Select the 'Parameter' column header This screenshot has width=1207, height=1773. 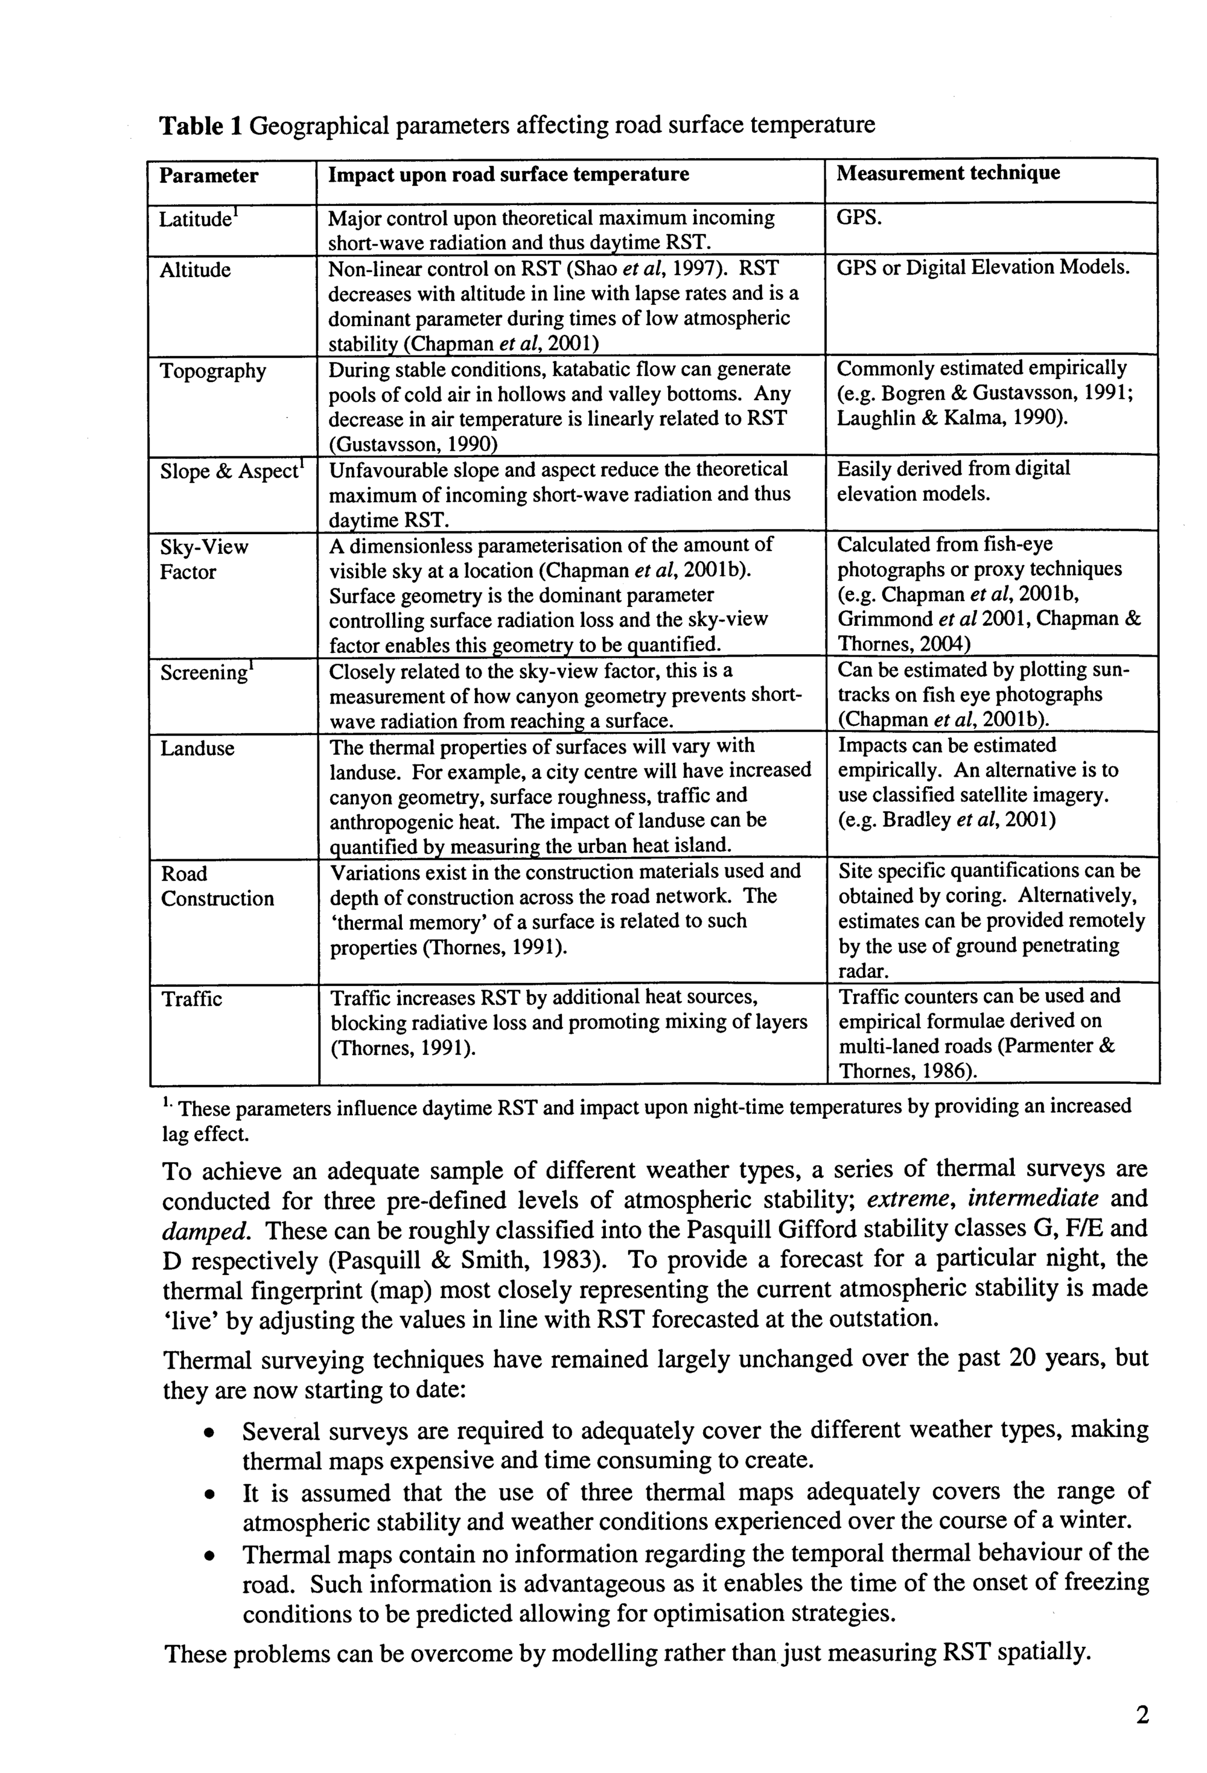208,176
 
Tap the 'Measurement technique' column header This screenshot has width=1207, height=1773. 947,173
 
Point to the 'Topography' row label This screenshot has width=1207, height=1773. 213,372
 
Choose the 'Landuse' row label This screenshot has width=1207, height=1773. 197,748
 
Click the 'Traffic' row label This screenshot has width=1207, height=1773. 191,999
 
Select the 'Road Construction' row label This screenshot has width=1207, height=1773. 217,886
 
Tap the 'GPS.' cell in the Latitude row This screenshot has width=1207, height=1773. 859,218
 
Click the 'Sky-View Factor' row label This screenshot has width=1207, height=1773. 204,559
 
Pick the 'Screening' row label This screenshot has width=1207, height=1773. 205,673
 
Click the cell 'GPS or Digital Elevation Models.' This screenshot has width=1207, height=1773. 982,268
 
